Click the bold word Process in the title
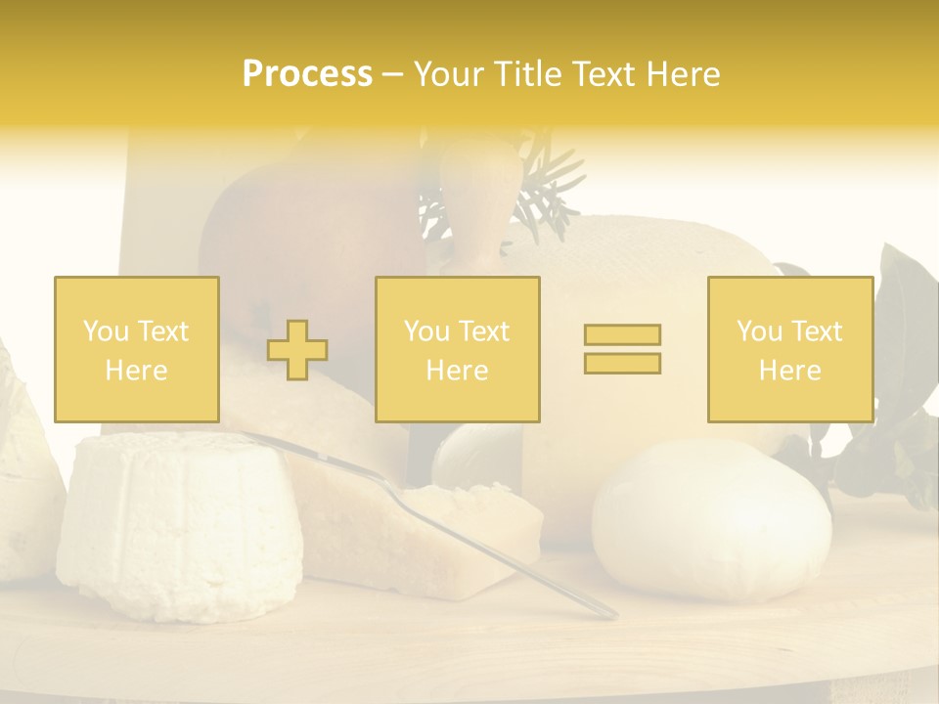click(307, 74)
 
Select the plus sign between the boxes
click(297, 350)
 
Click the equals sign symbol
click(622, 349)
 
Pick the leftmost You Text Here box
click(136, 349)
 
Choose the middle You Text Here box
click(457, 349)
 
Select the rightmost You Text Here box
click(789, 349)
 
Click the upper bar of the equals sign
click(622, 335)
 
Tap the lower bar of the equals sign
click(622, 363)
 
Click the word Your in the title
click(450, 74)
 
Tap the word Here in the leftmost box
click(136, 371)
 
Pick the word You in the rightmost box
click(760, 331)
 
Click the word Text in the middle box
click(484, 331)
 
